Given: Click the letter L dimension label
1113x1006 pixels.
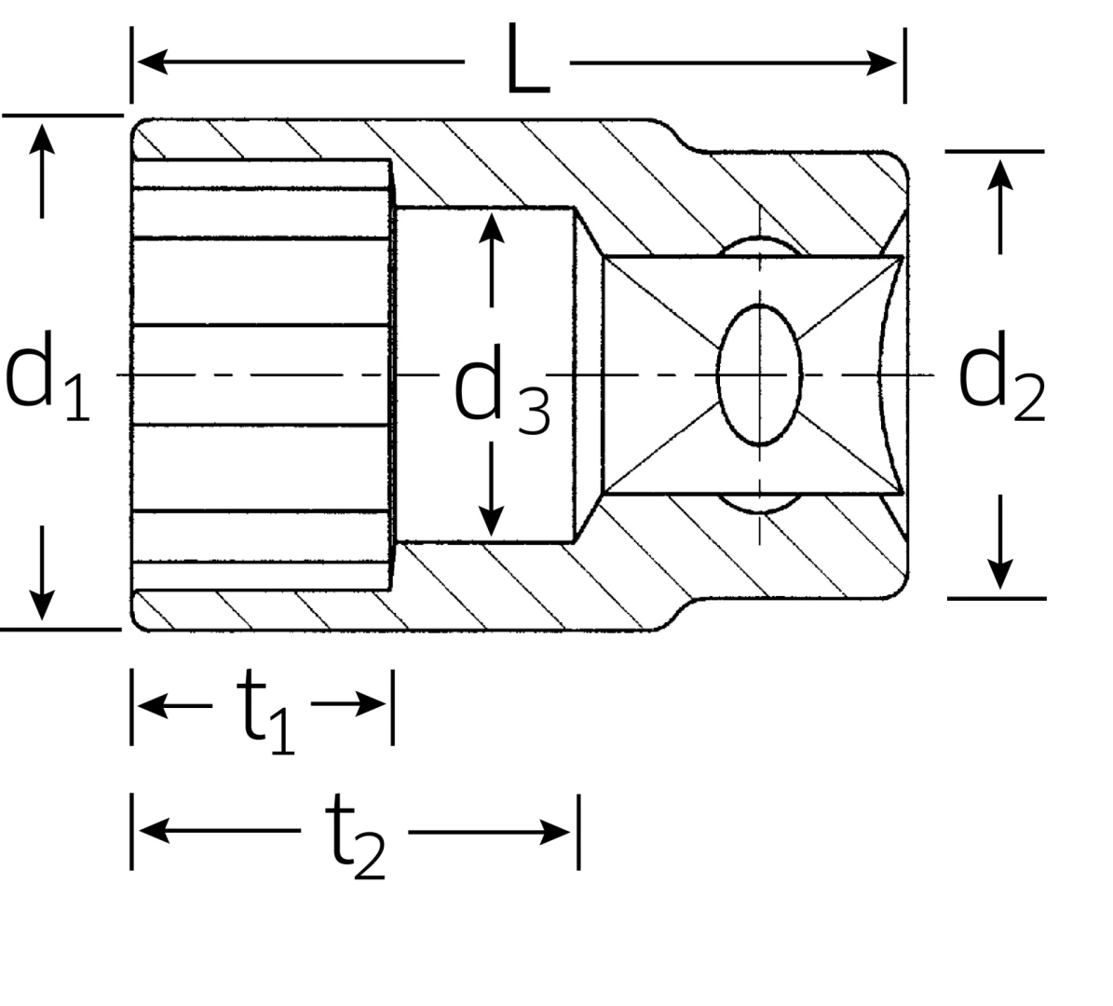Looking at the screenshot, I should pyautogui.click(x=527, y=61).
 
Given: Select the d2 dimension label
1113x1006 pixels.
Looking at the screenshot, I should pyautogui.click(x=1002, y=383).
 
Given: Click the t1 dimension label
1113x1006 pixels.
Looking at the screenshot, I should pyautogui.click(x=265, y=714).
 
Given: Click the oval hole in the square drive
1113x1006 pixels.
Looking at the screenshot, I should pyautogui.click(x=759, y=374).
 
